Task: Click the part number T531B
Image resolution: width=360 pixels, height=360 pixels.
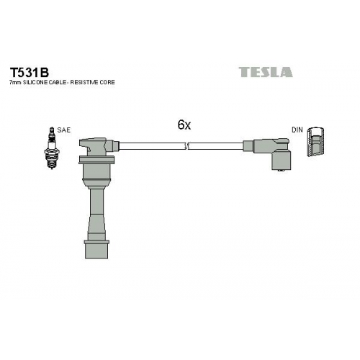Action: point(29,72)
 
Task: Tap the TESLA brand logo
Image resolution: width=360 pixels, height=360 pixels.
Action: point(266,72)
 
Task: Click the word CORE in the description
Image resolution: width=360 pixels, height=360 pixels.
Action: point(107,82)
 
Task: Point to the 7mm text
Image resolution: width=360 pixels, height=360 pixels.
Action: point(14,83)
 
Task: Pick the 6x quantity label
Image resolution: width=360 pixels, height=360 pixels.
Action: point(184,125)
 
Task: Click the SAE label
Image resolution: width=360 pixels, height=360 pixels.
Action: point(63,130)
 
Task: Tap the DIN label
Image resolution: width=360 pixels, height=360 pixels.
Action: point(297,130)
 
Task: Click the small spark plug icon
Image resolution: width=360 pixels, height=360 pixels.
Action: point(51,148)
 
